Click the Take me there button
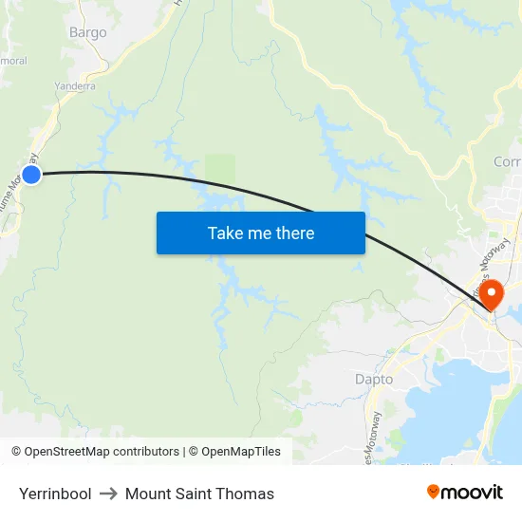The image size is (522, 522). pyautogui.click(x=261, y=233)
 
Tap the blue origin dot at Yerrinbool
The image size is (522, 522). pyautogui.click(x=31, y=174)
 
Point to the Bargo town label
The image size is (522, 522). pyautogui.click(x=88, y=32)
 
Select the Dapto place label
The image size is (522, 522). pyautogui.click(x=374, y=379)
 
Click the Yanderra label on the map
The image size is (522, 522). pyautogui.click(x=75, y=85)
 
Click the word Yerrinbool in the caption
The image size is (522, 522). pyautogui.click(x=55, y=494)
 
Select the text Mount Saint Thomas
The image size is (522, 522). pyautogui.click(x=199, y=494)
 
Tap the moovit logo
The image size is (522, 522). pyautogui.click(x=465, y=492)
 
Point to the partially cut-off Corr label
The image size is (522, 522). pyautogui.click(x=507, y=162)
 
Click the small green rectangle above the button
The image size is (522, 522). pyautogui.click(x=220, y=170)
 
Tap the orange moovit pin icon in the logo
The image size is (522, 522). pyautogui.click(x=434, y=492)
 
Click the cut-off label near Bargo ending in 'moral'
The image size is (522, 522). pyautogui.click(x=13, y=61)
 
